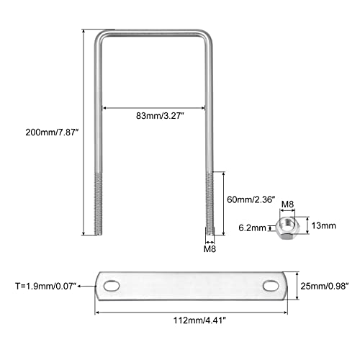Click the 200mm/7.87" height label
click(x=52, y=132)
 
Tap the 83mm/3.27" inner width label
click(x=160, y=116)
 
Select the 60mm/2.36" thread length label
click(x=251, y=199)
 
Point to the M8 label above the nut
click(x=287, y=204)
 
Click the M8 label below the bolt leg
click(x=210, y=249)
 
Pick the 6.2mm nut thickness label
click(x=252, y=228)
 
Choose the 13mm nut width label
click(x=323, y=225)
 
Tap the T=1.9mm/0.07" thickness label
click(x=45, y=286)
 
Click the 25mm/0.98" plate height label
click(x=325, y=286)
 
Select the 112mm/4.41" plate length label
click(x=200, y=320)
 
